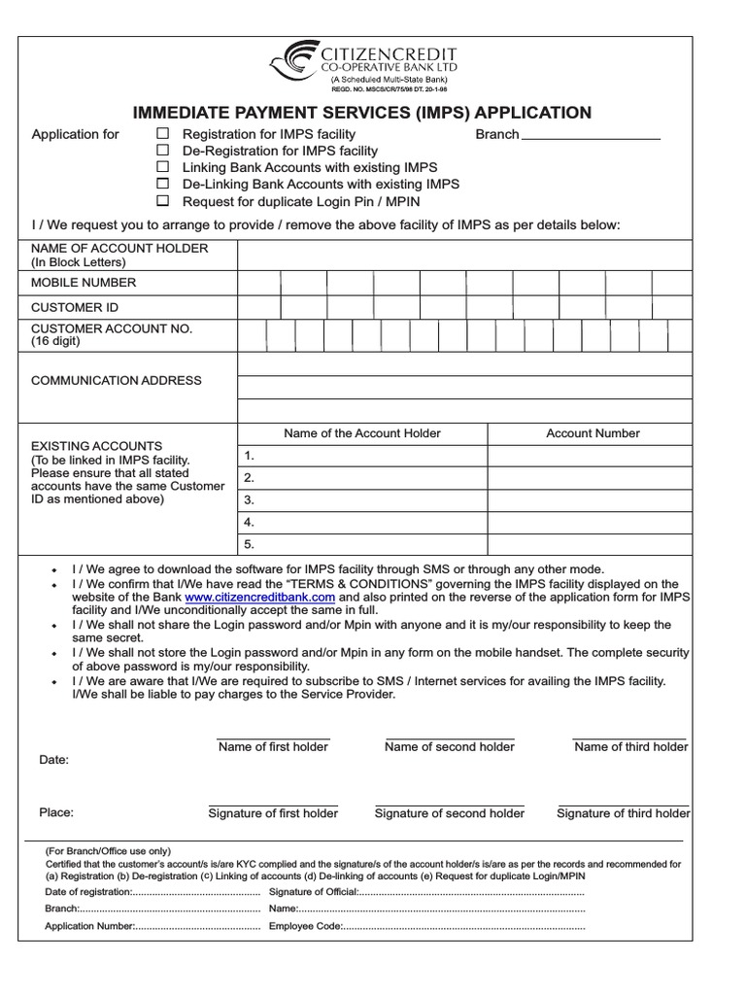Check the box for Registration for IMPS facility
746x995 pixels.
pos(163,134)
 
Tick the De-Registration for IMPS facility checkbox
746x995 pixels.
pos(163,151)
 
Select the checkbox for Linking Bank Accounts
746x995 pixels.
pos(163,167)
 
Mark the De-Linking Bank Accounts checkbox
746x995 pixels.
pos(163,184)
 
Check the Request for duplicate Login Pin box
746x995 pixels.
pos(163,201)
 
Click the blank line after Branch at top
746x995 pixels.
pos(591,136)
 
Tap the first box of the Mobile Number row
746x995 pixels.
pos(259,283)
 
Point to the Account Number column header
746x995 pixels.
pos(593,433)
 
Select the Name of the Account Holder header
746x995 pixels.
pos(361,433)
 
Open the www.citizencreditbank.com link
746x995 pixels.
pos(259,597)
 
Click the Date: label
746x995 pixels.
pos(53,760)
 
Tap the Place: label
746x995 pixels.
pos(55,812)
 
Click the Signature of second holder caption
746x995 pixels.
pos(449,813)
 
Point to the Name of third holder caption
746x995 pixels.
pos(630,746)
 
